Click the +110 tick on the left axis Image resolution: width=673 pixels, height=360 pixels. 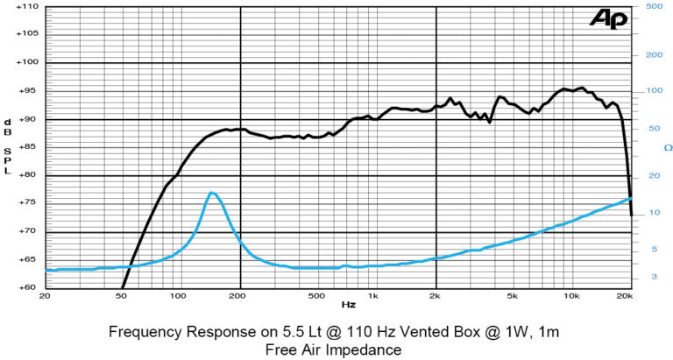pyautogui.click(x=25, y=6)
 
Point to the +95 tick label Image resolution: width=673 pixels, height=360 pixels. pyautogui.click(x=25, y=91)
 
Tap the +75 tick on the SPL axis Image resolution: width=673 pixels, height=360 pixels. pyautogui.click(x=25, y=203)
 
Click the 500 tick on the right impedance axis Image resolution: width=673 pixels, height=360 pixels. pyautogui.click(x=653, y=6)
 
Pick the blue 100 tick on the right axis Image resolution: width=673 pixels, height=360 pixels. pyautogui.click(x=653, y=91)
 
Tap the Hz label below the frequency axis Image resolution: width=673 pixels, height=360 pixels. pyautogui.click(x=349, y=305)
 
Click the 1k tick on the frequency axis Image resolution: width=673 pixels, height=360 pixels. pyautogui.click(x=373, y=297)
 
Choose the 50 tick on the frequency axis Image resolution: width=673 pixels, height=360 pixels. pyautogui.click(x=123, y=297)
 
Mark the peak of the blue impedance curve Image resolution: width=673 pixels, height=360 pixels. pyautogui.click(x=211, y=193)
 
